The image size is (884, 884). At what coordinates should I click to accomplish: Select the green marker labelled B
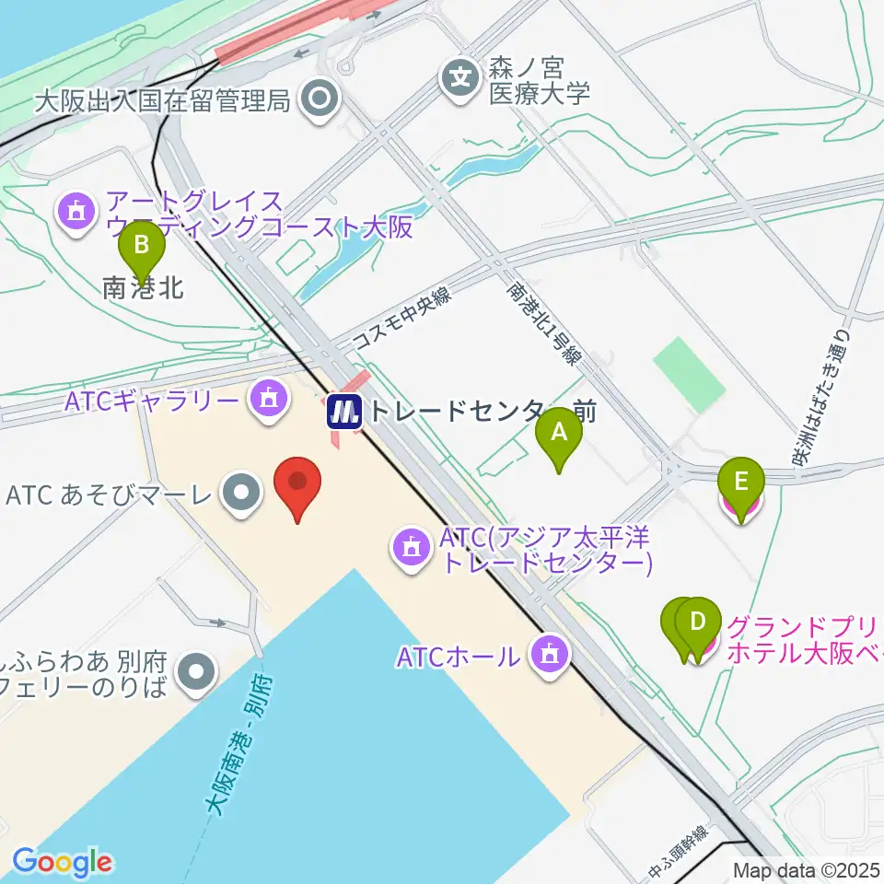(x=142, y=248)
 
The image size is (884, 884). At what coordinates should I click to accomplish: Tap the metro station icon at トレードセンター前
(x=345, y=411)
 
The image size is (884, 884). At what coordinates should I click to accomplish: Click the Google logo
(x=62, y=863)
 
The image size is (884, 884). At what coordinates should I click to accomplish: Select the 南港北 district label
(x=143, y=288)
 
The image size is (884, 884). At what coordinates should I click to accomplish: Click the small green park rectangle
(x=689, y=374)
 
